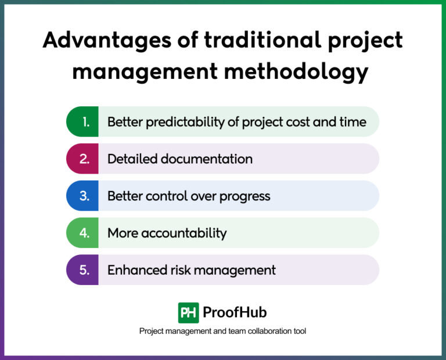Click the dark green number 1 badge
tap(83, 122)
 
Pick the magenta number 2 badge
tap(83, 159)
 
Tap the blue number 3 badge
tap(83, 196)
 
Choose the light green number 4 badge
tap(83, 233)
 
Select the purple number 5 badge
tap(83, 270)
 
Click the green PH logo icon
tap(189, 312)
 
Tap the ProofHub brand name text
tap(235, 312)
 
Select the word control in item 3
tap(164, 196)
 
